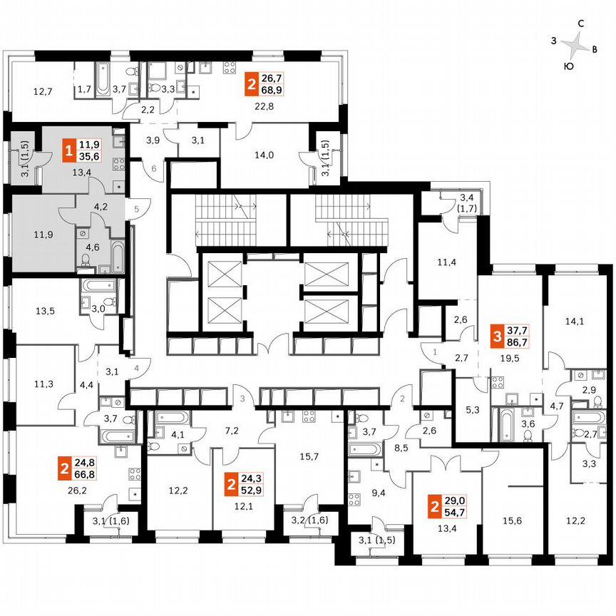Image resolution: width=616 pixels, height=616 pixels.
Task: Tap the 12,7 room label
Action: [43, 91]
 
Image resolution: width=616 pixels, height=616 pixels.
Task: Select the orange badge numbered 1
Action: [68, 151]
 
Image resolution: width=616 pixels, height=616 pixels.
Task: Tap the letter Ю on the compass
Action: [568, 66]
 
